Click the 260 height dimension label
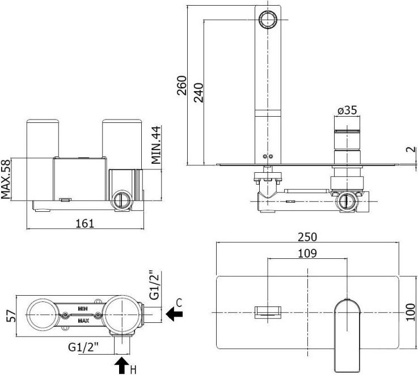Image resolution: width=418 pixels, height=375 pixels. click(x=182, y=86)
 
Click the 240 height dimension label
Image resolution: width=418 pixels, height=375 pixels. click(x=199, y=93)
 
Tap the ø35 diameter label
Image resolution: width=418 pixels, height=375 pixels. click(x=347, y=110)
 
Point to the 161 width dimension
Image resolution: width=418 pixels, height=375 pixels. click(x=85, y=223)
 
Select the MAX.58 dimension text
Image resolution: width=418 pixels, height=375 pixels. click(x=6, y=179)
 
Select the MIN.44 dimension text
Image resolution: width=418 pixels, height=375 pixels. click(x=156, y=145)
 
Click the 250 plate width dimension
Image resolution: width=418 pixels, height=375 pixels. click(x=307, y=237)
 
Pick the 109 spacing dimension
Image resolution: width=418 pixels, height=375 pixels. click(x=307, y=253)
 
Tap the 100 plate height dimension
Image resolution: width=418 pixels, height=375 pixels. click(x=411, y=312)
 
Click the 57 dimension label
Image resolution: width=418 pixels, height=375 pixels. click(x=11, y=316)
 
